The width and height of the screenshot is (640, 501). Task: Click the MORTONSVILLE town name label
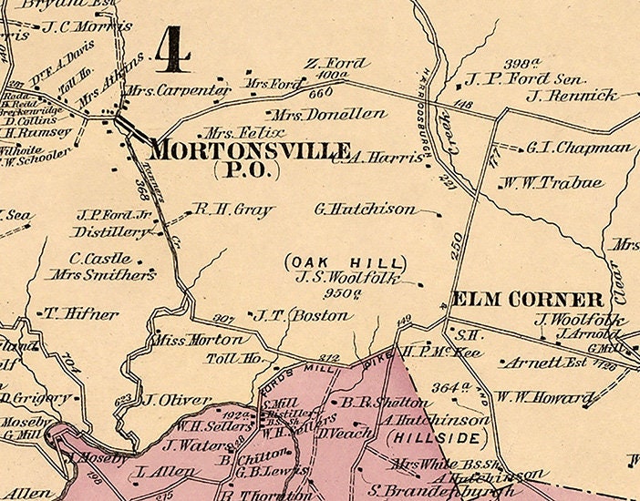(x=250, y=149)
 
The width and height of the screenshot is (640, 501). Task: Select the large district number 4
(x=172, y=49)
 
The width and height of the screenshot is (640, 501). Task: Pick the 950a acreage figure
(x=346, y=293)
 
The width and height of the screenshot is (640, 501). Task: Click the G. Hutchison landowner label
(x=365, y=209)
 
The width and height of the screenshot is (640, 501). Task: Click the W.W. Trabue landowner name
(x=552, y=183)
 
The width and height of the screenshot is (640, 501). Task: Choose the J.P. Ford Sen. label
(x=523, y=79)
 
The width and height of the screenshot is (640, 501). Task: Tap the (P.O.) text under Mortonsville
(x=245, y=169)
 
